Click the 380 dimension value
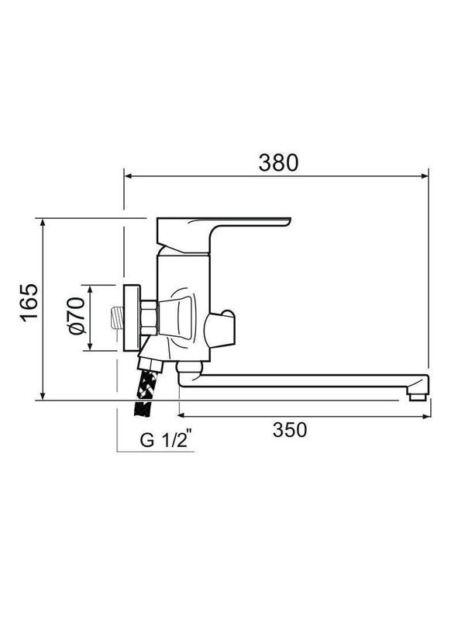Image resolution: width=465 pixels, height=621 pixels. click(x=277, y=162)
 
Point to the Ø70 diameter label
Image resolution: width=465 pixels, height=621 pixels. click(x=76, y=318)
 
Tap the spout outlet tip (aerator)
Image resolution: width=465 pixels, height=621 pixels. click(x=417, y=396)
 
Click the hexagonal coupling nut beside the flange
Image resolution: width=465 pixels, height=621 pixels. click(x=148, y=317)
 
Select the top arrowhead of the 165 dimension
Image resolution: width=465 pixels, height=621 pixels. click(x=44, y=223)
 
